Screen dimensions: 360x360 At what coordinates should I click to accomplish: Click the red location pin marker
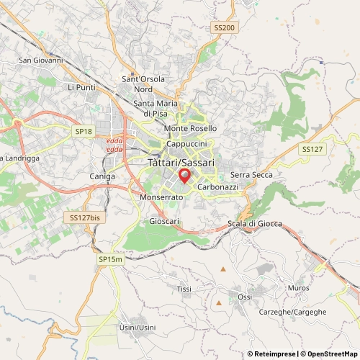[x=184, y=176]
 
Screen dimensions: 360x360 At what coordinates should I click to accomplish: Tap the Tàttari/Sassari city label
[x=181, y=163]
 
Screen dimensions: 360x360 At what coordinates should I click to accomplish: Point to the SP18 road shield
[x=84, y=131]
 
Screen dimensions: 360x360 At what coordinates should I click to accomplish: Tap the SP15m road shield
[x=111, y=258]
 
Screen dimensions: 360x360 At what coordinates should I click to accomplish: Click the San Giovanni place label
[x=41, y=60]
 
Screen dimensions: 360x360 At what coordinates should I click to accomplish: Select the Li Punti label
[x=81, y=87]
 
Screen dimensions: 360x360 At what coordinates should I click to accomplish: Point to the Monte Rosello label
[x=190, y=128]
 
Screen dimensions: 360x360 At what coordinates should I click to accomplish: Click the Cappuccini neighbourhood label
[x=186, y=143]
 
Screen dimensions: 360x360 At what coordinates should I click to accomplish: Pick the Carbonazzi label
[x=217, y=186]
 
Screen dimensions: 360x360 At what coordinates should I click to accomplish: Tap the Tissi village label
[x=184, y=288]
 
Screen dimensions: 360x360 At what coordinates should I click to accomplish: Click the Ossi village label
[x=245, y=297]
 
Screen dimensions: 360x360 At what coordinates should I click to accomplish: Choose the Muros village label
[x=297, y=288]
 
